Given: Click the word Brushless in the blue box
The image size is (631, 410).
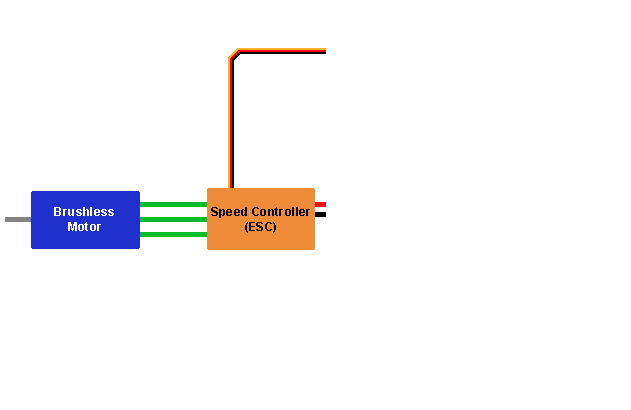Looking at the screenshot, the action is [84, 212].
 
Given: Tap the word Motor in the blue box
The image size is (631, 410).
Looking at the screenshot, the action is [84, 227].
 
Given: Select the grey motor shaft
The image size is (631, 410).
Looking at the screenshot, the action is [18, 219].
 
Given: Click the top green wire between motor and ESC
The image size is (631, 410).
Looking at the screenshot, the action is [173, 204].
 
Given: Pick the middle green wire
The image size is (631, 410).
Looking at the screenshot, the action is [173, 219].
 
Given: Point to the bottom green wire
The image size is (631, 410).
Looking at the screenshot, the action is [173, 234].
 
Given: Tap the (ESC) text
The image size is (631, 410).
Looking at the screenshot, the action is [260, 227].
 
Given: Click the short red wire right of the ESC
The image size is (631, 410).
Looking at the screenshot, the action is [320, 204].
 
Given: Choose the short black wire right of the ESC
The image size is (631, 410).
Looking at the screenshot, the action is [320, 214].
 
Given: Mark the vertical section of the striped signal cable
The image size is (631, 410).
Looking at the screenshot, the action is [231, 123].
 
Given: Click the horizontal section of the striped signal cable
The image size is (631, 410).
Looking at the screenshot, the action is [282, 51].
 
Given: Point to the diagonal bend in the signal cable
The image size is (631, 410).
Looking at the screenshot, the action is [234, 54].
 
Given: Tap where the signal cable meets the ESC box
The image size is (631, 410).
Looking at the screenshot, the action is [231, 188].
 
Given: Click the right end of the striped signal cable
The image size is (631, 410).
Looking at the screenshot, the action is [326, 51].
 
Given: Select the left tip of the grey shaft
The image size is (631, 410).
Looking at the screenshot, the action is [5, 219].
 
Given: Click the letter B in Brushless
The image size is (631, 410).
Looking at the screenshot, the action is [57, 212].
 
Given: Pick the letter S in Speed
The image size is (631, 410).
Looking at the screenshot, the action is [214, 212].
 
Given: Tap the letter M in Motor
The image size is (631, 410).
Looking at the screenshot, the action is [72, 227].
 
